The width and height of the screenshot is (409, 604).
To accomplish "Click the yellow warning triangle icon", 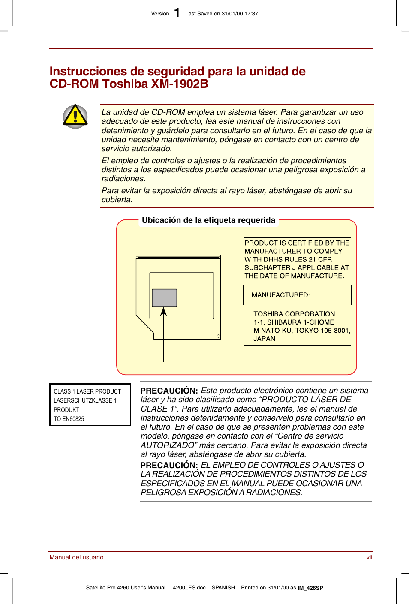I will [75, 116].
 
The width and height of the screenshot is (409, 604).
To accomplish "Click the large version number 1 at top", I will [177, 13].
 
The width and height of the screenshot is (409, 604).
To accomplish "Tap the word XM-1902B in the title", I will [180, 84].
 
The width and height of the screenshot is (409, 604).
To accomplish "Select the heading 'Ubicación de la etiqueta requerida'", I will [208, 220].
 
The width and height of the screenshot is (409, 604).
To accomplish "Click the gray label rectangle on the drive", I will [164, 297].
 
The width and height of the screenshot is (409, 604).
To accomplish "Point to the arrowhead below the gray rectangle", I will [163, 311].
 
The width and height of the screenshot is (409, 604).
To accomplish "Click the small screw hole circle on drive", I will [218, 336].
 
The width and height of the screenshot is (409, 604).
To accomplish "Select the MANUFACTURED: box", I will [297, 295].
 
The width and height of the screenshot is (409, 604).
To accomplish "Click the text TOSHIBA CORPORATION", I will [294, 314].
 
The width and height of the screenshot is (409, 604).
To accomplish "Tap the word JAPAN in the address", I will [264, 339].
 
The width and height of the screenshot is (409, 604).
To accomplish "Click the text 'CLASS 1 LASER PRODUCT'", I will [87, 391].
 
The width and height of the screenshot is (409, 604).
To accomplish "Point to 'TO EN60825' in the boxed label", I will [69, 419].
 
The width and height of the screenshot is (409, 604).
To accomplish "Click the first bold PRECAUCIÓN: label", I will [169, 391].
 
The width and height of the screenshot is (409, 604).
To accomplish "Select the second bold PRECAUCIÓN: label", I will [169, 465].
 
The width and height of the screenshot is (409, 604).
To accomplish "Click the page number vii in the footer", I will [369, 557].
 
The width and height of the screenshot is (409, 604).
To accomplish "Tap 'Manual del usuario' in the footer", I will [76, 557].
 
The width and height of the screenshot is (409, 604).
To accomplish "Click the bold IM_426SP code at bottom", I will [310, 588].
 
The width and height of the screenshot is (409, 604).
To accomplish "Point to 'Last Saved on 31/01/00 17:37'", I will [222, 14].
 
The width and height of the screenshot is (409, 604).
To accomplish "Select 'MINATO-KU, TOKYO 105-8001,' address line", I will [302, 331].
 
